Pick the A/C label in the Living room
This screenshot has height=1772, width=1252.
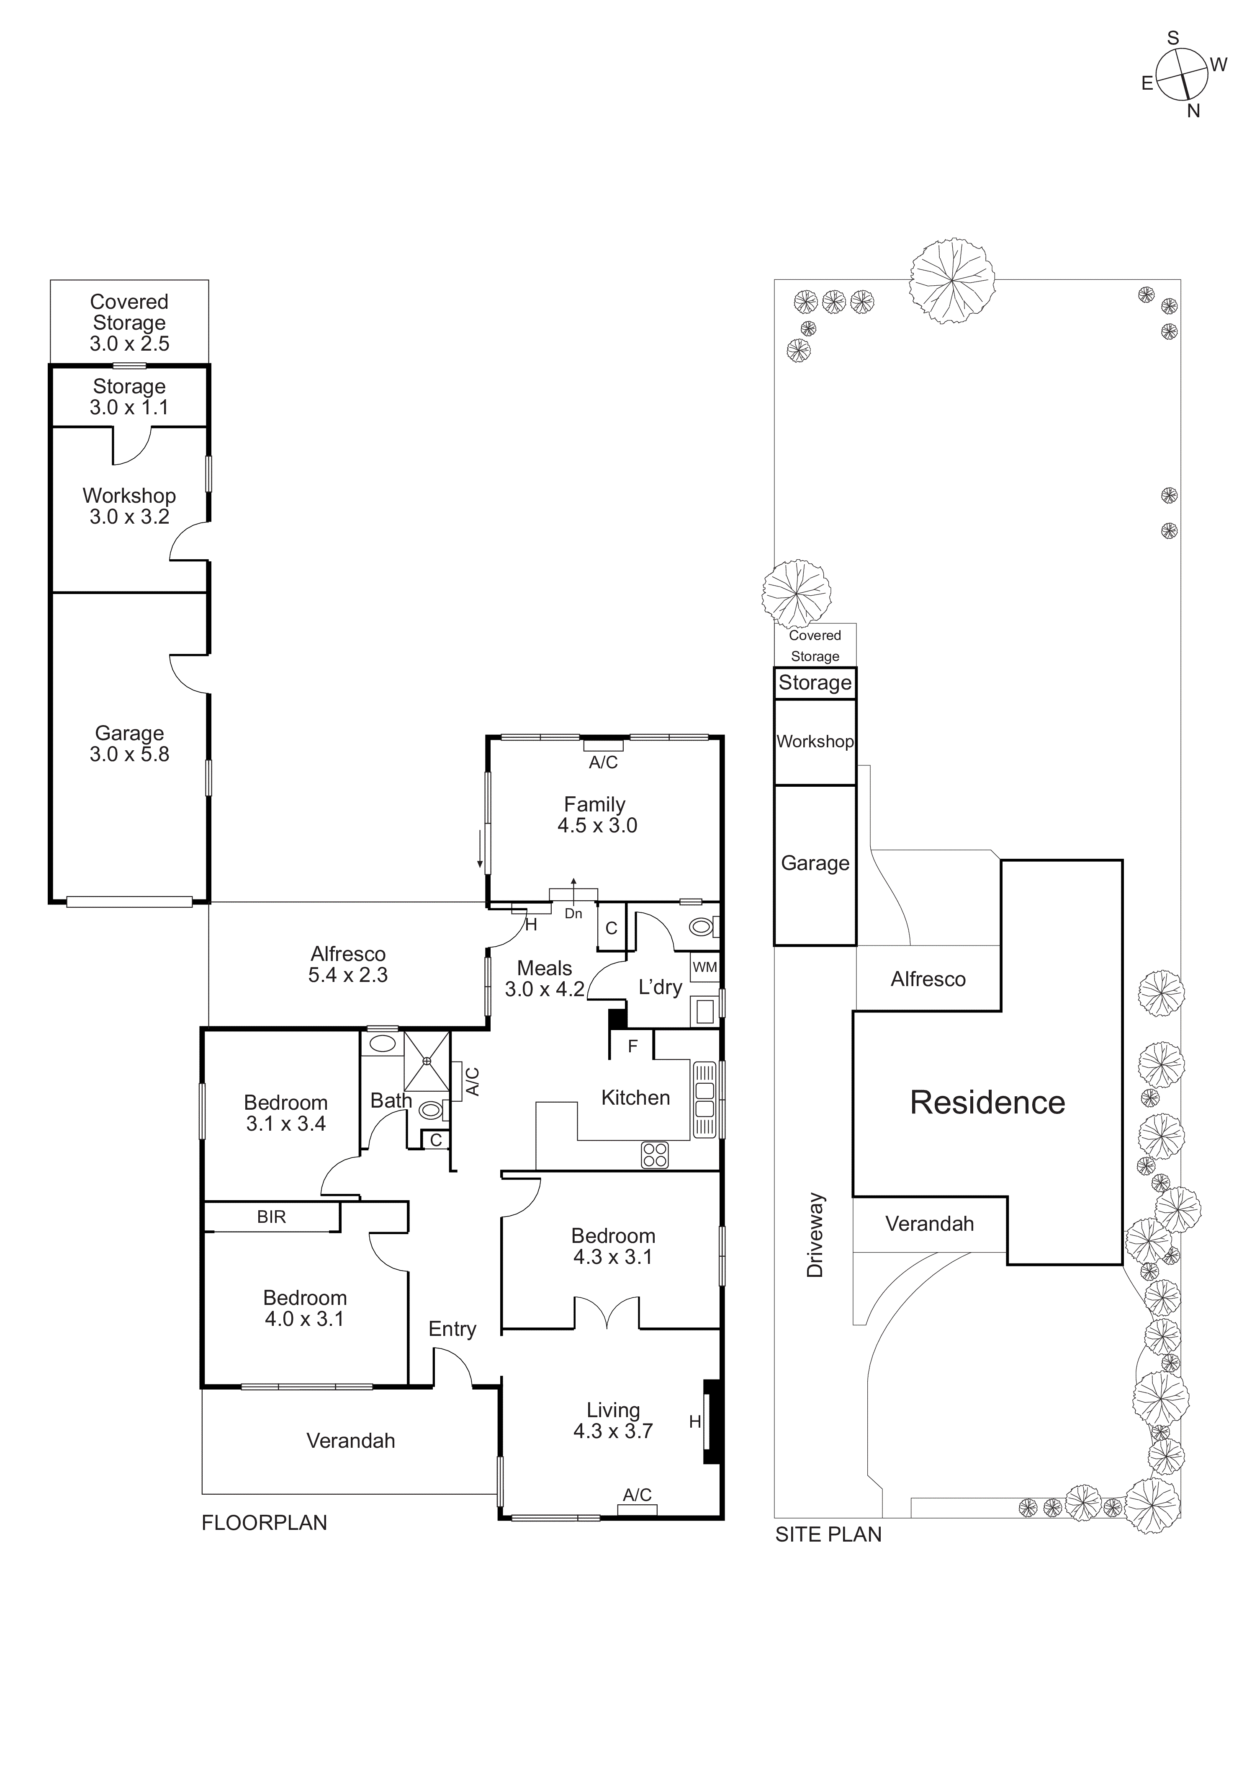click(x=637, y=1495)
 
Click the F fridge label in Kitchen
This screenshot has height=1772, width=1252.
click(x=632, y=1046)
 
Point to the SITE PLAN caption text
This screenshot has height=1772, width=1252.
click(x=828, y=1534)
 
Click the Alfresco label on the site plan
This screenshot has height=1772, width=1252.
click(x=928, y=979)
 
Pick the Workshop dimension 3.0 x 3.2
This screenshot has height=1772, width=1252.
click(x=130, y=517)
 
